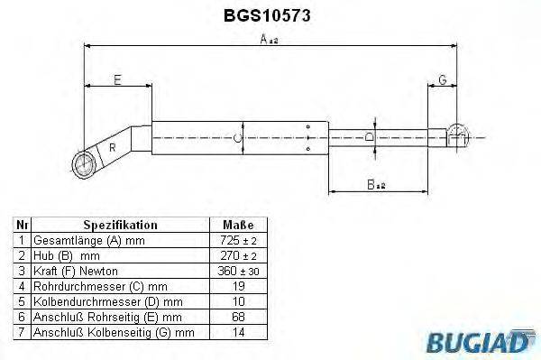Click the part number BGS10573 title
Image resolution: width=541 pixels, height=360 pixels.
pos(268,15)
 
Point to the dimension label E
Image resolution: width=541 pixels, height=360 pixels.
pos(117,79)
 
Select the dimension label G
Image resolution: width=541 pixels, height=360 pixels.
pos(443,79)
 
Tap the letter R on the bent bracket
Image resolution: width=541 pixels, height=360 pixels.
pos(112,146)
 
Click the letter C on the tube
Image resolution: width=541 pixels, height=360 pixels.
pos(236,137)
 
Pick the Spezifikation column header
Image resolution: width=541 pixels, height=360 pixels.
pos(120,225)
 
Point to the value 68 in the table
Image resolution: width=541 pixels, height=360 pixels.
pos(237,317)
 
